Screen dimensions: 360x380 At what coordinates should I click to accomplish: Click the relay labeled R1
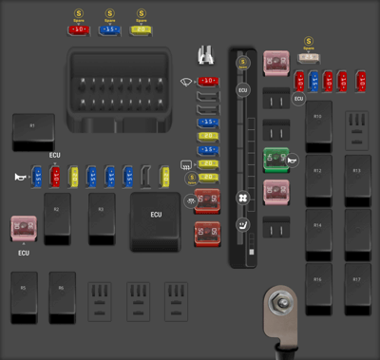point(33,131)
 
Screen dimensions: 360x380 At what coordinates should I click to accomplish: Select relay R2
point(57,214)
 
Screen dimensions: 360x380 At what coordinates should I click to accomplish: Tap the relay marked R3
point(102,214)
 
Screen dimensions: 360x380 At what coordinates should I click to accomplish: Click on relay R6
point(63,292)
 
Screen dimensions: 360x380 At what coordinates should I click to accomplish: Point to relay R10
point(319,123)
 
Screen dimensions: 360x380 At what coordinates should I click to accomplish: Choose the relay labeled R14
point(319,233)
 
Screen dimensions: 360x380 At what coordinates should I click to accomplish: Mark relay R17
point(357,288)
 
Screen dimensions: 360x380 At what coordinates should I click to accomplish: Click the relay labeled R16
point(319,288)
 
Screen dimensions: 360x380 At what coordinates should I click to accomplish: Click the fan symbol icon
point(242,199)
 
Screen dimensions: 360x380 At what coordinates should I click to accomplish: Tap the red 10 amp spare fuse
point(78,29)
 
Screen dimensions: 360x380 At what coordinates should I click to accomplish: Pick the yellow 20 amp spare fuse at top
point(141,29)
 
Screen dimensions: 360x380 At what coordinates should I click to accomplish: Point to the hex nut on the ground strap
point(280,306)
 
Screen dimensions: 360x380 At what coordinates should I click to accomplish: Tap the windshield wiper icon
point(187,82)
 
